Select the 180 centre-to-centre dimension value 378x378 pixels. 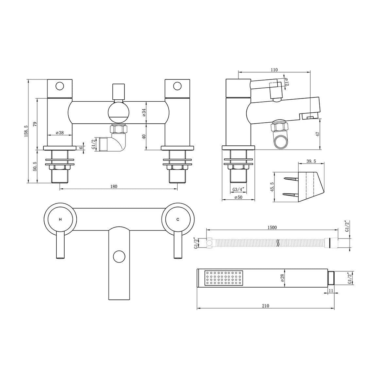coord(113,186)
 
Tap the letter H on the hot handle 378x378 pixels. coord(60,219)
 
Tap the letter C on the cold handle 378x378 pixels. coord(178,219)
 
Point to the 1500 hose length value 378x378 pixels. coord(272,227)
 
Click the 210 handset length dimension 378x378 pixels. coord(265,306)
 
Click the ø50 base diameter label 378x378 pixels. coord(238,197)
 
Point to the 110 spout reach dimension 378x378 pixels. coord(274,70)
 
